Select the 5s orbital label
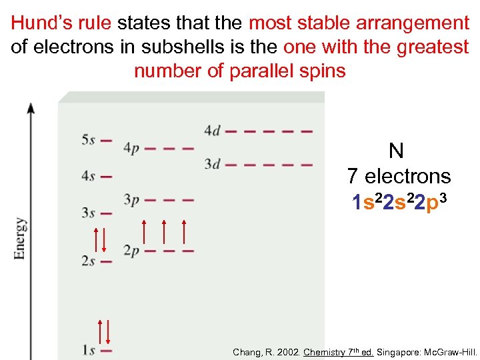coord(88,140)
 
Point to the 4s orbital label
coord(88,177)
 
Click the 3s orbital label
coord(88,213)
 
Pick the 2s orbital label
coord(88,261)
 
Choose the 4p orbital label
coord(131,149)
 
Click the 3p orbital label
coord(131,199)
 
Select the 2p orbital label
coord(131,251)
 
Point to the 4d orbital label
coord(212,131)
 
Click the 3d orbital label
coord(212,164)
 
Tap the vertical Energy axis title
coord(20,238)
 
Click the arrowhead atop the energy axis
coord(31,107)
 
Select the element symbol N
coord(396,151)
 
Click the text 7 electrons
coord(399,177)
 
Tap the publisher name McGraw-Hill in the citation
coord(451,351)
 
